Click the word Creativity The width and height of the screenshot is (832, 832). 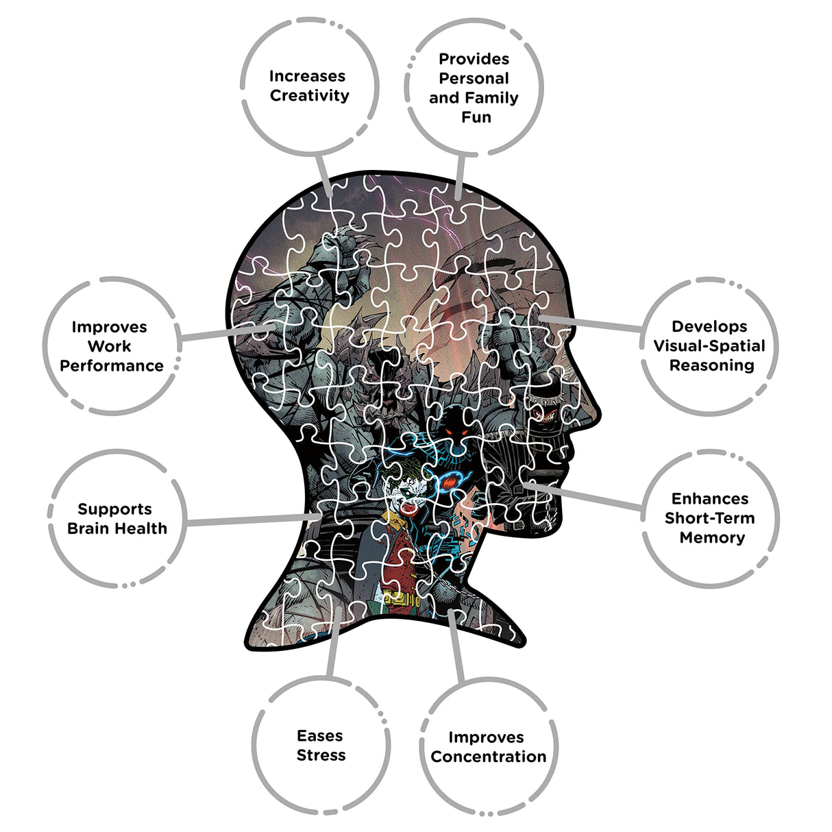[x=309, y=95]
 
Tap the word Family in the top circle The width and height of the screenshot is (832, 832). [x=494, y=98]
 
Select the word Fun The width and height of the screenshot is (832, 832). [x=476, y=117]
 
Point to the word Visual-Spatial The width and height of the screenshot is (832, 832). [x=709, y=346]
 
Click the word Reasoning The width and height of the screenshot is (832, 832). [x=711, y=365]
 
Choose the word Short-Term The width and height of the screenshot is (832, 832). [x=709, y=517]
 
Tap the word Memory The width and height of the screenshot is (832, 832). [x=712, y=537]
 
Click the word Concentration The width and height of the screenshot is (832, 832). [x=488, y=757]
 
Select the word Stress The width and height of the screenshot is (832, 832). [x=321, y=755]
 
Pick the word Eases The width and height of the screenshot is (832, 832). [x=319, y=736]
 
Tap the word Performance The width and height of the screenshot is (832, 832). [x=112, y=366]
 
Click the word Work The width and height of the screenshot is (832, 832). [x=109, y=346]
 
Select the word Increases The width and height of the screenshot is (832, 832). [x=307, y=76]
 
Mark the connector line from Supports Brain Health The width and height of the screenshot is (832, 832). [x=254, y=519]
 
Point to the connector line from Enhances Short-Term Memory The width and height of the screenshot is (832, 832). [x=583, y=496]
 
